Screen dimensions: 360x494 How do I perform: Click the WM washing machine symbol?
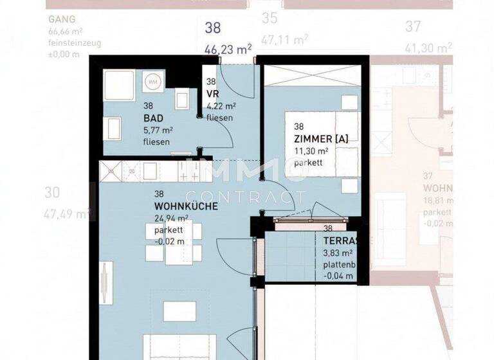point(153,82)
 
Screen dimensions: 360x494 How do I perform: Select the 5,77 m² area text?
point(158,130)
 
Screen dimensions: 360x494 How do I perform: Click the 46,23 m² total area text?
point(228,47)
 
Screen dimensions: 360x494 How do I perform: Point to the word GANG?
point(61,19)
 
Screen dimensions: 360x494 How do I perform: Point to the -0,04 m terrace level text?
point(338,276)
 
